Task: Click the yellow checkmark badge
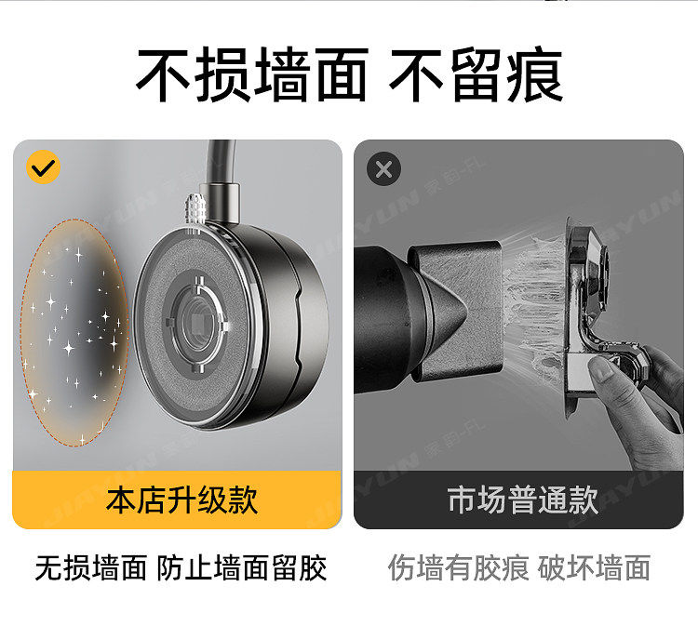point(43,167)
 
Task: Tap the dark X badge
point(383,169)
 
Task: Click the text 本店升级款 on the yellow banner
point(181,499)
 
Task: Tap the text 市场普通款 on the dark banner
point(523,499)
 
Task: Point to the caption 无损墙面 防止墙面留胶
point(181,567)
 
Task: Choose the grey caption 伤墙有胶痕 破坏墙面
point(519,567)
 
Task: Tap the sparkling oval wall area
point(74,332)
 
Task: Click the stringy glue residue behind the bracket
point(534,307)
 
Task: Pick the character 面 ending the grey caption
point(637,567)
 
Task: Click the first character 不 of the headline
point(163,74)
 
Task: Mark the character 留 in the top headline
point(475,74)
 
